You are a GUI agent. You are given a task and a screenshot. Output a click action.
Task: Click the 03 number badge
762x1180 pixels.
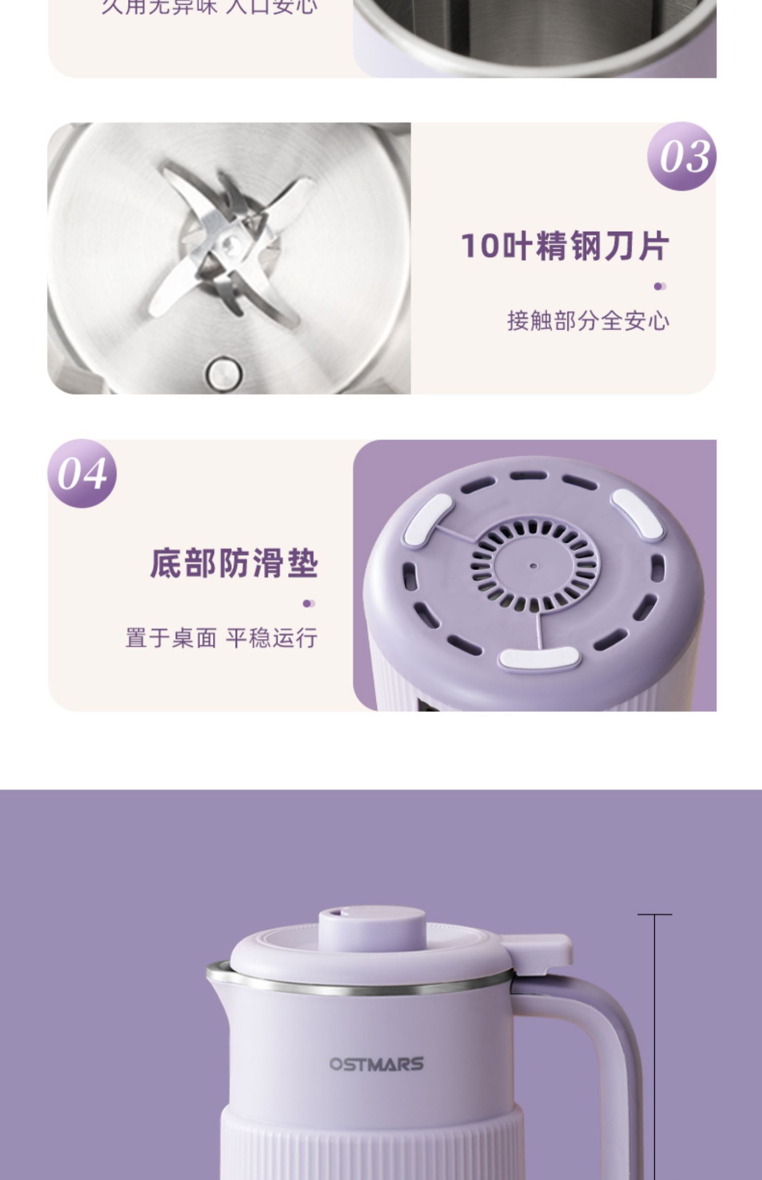coord(682,156)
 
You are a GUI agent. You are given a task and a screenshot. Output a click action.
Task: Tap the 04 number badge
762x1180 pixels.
coord(82,474)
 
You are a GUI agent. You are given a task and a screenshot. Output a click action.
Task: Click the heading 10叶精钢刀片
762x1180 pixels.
coord(565,246)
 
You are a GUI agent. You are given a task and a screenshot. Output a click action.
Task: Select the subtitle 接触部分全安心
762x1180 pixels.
coord(588,321)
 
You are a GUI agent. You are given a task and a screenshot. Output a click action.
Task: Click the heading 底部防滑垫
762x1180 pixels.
coord(234,563)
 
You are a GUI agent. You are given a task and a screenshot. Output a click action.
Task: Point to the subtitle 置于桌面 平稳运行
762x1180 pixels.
coord(221,638)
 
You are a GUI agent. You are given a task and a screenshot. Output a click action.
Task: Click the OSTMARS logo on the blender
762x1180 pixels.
coord(376,1064)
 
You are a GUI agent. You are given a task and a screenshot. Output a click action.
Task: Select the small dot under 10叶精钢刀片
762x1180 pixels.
coord(659,287)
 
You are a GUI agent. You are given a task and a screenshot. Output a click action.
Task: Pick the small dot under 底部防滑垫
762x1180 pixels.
coord(308,604)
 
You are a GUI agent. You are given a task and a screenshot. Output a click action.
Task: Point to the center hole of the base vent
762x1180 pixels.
coord(533,565)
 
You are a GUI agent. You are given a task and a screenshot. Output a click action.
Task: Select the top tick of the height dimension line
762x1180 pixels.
coord(654,915)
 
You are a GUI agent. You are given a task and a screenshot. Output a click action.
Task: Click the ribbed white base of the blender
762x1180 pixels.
coord(371,1143)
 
